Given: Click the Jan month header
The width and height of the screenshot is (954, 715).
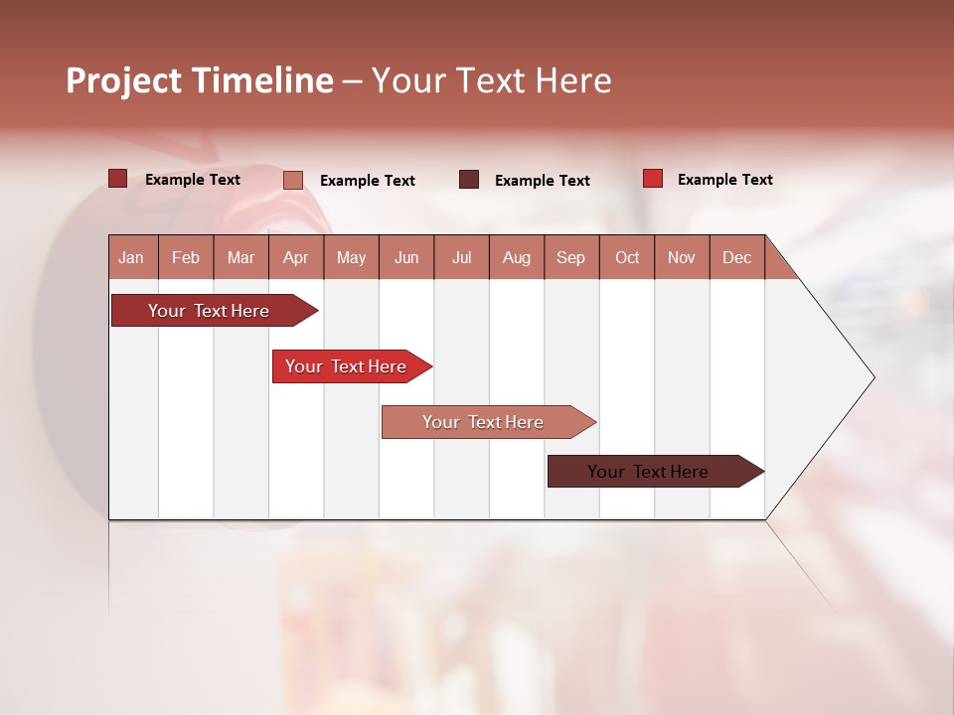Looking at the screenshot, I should pos(132,257).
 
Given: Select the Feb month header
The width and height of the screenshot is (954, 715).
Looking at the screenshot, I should pos(186,257).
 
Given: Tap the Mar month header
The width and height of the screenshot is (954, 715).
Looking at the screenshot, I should pos(240,257).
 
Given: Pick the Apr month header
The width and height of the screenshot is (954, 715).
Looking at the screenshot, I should pos(295,257).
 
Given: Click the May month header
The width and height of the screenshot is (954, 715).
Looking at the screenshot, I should pos(351,257).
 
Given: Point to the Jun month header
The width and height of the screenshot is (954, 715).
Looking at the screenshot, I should pos(406,257).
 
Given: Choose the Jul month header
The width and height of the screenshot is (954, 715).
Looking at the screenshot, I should pos(461,257).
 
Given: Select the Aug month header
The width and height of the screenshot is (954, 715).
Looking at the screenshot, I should pos(516,257).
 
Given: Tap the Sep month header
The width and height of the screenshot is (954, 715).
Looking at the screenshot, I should pos(570,257).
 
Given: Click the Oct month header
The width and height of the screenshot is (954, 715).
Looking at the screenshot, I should pos(627,257).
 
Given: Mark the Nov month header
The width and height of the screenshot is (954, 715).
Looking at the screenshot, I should pos(682,257).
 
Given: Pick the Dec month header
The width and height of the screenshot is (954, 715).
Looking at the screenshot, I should pos(736,257).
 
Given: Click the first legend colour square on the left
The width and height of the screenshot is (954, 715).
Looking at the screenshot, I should pos(117,179).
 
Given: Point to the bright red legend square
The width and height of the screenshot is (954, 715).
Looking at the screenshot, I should pos(652,179).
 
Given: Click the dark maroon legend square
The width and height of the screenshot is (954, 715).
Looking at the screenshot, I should pos(469,180).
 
